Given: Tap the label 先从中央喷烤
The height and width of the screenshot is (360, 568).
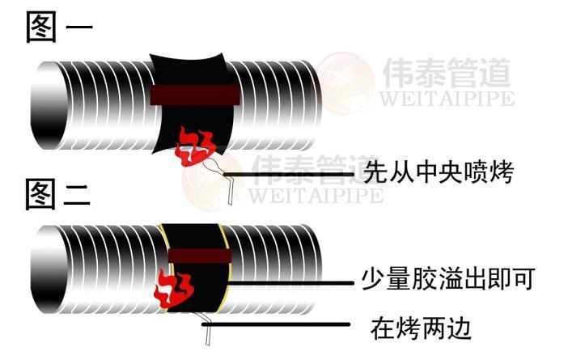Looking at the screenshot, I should [438, 172].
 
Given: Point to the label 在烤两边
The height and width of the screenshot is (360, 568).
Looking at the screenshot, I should [420, 328].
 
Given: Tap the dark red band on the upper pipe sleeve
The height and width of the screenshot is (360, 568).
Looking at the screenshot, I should [195, 94].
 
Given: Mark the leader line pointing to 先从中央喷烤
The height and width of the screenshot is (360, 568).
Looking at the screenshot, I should [291, 174].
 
